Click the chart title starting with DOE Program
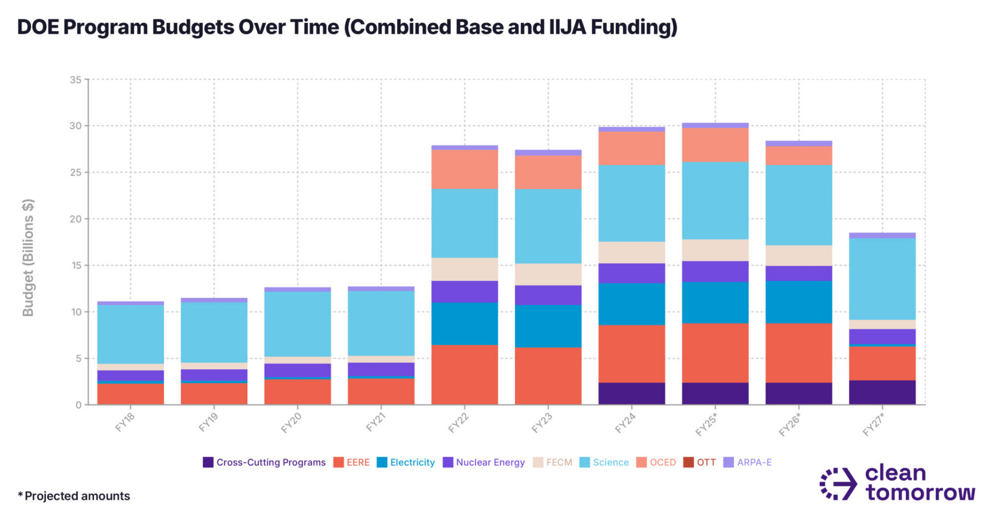click(347, 27)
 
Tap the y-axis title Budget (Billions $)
click(28, 258)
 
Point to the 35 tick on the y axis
click(76, 80)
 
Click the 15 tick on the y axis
click(76, 265)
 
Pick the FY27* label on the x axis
click(873, 424)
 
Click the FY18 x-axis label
click(125, 422)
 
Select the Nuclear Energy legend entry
click(484, 462)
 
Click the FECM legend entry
click(553, 462)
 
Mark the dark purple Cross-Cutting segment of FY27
click(882, 393)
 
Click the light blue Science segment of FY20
click(297, 324)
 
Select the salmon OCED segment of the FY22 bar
click(465, 169)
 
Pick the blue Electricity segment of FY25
click(715, 302)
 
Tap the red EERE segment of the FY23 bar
click(548, 376)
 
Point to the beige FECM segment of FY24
click(632, 253)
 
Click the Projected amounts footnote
click(74, 496)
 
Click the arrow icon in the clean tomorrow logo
click(838, 484)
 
